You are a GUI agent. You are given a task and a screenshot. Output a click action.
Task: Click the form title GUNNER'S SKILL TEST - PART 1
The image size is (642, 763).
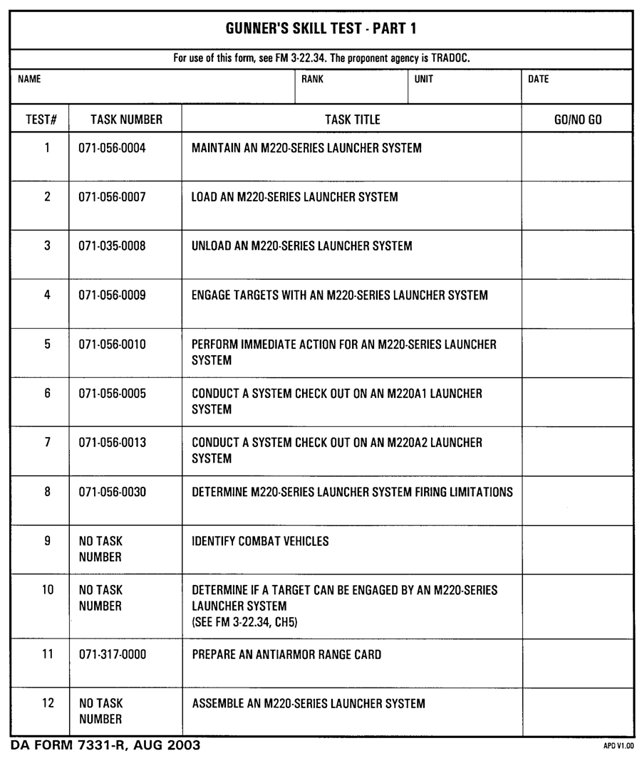tap(321, 29)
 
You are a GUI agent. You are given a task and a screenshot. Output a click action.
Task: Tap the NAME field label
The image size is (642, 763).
tap(29, 80)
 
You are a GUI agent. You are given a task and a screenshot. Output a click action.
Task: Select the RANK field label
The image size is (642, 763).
tap(312, 80)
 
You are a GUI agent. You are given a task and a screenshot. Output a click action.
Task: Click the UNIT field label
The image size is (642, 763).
tap(423, 80)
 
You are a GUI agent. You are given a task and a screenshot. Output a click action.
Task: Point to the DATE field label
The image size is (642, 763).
tap(538, 80)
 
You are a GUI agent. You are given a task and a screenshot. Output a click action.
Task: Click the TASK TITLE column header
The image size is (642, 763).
tap(352, 120)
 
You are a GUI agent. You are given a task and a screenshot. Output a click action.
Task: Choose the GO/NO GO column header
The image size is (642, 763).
tap(577, 120)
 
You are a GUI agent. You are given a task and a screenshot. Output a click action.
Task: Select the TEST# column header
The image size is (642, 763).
tap(41, 120)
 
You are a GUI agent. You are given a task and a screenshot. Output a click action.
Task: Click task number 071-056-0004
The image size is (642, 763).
tap(112, 149)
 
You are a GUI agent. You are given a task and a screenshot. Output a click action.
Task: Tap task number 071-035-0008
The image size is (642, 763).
tap(112, 246)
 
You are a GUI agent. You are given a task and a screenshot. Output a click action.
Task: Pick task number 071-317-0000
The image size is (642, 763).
tap(112, 655)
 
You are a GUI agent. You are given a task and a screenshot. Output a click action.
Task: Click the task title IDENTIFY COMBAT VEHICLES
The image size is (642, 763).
tap(260, 542)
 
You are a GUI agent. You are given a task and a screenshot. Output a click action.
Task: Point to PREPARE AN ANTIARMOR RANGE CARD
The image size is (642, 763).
tap(286, 655)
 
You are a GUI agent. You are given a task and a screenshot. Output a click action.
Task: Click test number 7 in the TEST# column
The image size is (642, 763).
tap(48, 443)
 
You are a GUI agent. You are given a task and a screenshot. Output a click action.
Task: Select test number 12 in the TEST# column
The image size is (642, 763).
tap(48, 704)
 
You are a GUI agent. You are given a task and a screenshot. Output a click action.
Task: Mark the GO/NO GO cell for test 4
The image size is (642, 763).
tap(577, 304)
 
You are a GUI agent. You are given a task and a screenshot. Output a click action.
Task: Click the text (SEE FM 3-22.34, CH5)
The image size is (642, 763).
tap(244, 623)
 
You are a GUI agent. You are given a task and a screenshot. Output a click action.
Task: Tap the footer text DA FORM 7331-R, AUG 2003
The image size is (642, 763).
tap(105, 746)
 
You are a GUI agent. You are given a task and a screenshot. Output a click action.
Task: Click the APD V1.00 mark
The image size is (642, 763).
tap(618, 747)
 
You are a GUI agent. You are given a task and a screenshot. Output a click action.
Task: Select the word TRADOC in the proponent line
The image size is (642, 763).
tap(450, 58)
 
